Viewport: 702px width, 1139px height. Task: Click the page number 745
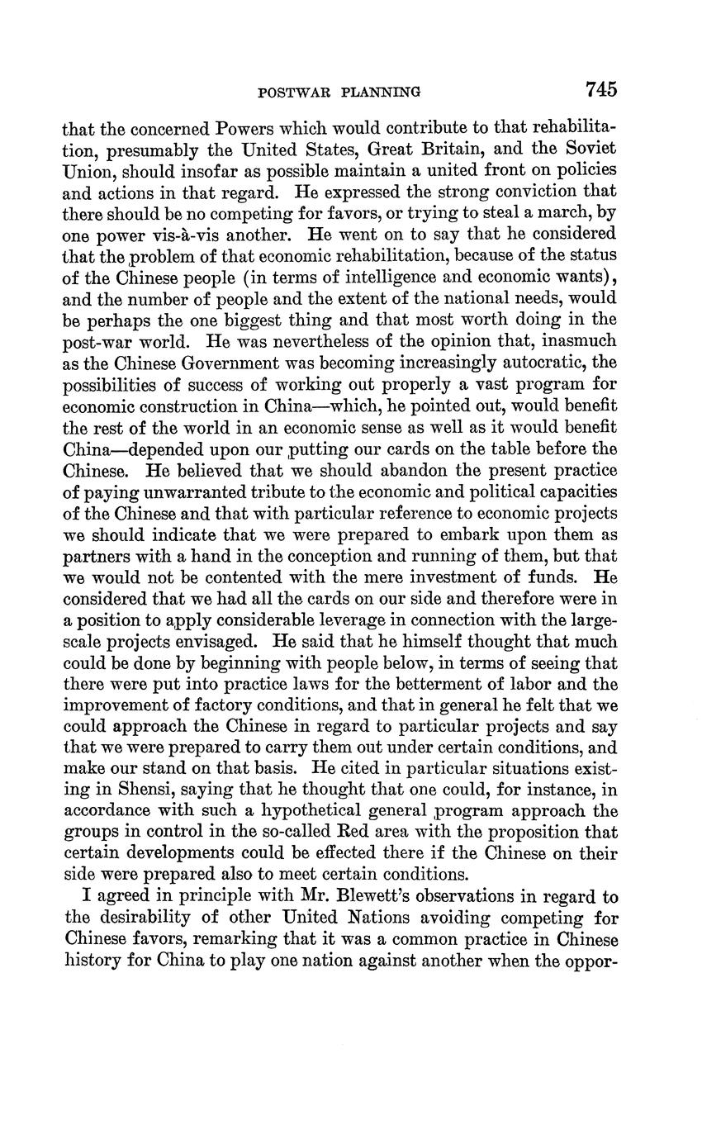[600, 89]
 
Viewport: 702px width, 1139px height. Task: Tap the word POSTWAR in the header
[291, 92]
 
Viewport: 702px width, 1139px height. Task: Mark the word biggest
[263, 319]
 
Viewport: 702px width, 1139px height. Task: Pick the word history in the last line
[91, 961]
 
